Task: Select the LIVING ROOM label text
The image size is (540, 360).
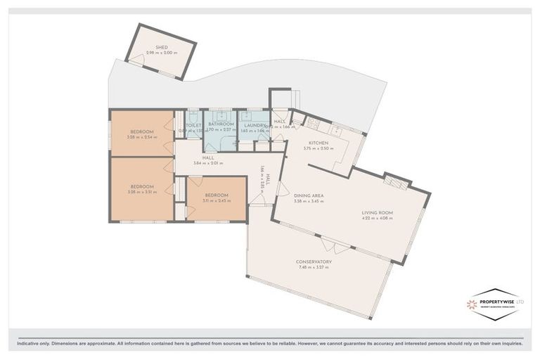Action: (377, 212)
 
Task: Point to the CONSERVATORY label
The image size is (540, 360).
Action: (314, 262)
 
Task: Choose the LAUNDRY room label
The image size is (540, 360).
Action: (254, 124)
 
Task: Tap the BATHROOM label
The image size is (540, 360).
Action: (220, 124)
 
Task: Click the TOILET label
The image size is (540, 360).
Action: (193, 124)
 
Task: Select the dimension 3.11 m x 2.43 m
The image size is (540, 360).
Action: (217, 201)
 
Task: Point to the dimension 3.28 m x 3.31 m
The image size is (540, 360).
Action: (141, 193)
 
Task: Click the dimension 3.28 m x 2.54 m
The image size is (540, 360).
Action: (141, 137)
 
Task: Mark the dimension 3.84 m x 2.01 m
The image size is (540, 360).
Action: (208, 163)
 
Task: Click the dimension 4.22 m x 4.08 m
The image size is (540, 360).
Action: (377, 218)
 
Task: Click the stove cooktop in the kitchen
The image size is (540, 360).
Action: (311, 124)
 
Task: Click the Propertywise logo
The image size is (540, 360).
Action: (496, 304)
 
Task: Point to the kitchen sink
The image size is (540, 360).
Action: (338, 130)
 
